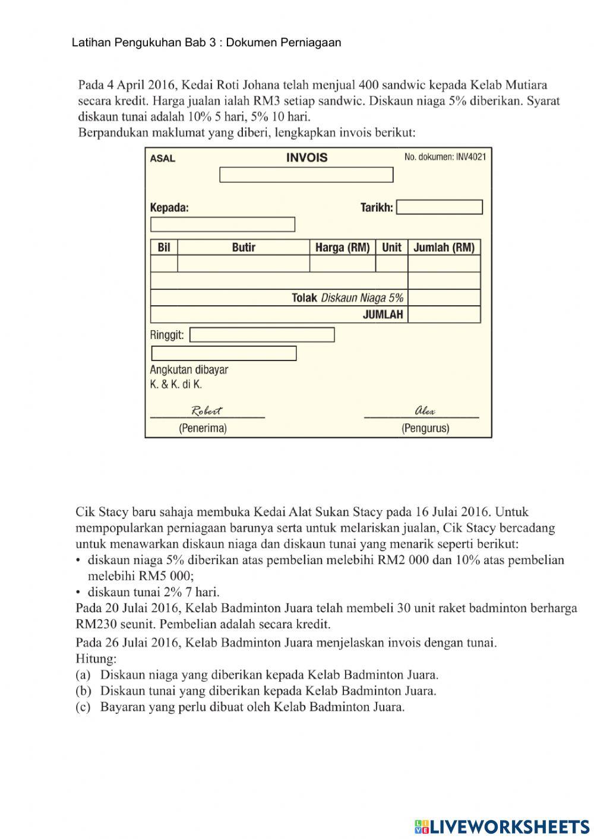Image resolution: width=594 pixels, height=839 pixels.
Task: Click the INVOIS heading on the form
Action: pos(307,157)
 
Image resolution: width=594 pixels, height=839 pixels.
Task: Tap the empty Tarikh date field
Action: pos(439,207)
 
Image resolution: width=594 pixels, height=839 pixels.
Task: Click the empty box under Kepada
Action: pos(223,224)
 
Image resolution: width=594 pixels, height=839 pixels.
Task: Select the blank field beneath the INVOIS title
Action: pos(306,175)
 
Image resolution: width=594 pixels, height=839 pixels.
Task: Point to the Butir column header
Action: pos(244,248)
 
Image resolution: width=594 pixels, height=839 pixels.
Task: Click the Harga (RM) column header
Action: pos(342,248)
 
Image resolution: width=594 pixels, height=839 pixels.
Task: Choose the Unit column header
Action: pos(391,248)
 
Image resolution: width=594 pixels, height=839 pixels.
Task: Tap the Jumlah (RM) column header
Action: pos(444,248)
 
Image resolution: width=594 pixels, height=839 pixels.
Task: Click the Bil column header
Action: pos(164,248)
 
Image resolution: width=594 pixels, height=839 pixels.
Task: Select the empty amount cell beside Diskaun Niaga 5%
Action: pos(444,297)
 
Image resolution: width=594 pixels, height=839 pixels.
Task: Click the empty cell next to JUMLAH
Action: pos(444,315)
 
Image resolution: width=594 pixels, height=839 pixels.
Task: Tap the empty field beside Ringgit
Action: pos(261,335)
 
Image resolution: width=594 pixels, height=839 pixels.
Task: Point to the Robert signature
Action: pos(206,411)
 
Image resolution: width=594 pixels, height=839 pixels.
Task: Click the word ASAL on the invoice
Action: pos(162,159)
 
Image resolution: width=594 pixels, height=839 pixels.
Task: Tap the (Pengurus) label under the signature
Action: pos(425,428)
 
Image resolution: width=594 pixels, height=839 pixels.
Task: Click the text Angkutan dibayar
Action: pos(189,369)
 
